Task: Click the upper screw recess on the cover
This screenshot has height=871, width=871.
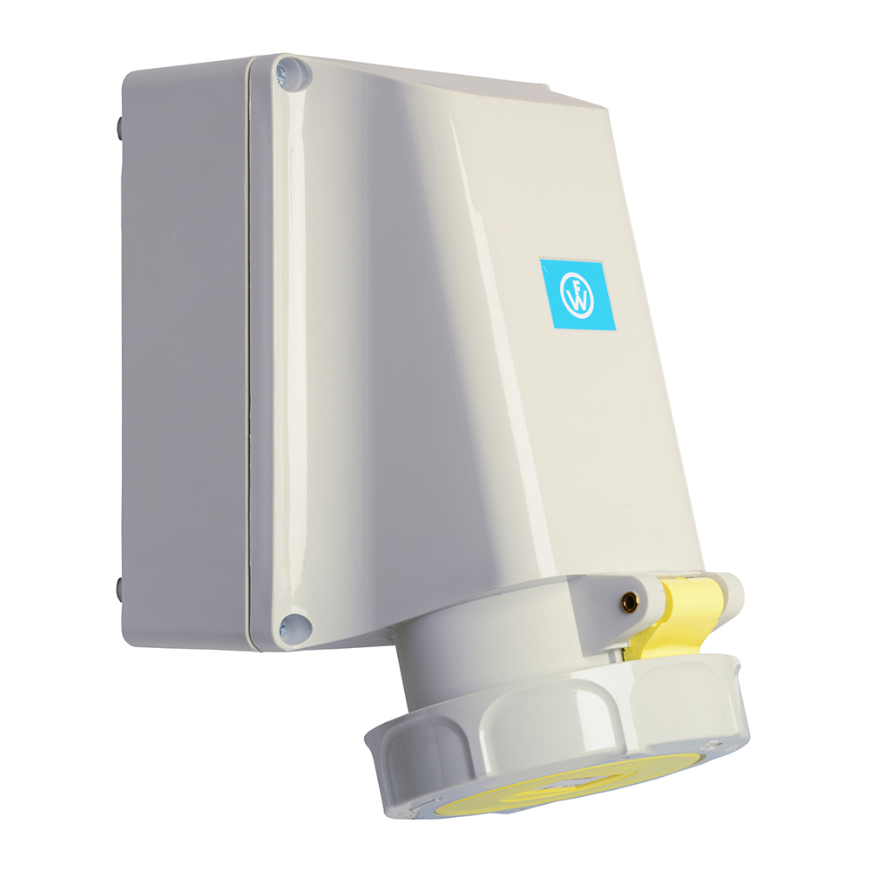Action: [293, 73]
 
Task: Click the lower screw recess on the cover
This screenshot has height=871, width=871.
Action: [294, 628]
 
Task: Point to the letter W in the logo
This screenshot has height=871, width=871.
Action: [579, 301]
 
